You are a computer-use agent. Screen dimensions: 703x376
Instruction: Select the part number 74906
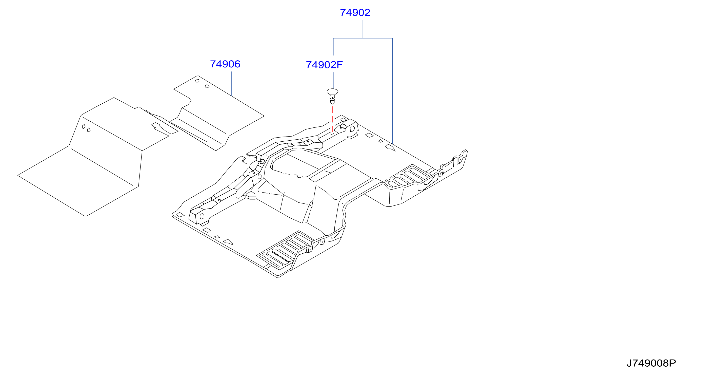pyautogui.click(x=225, y=64)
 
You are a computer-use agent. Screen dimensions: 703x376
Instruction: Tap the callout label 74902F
pyautogui.click(x=324, y=65)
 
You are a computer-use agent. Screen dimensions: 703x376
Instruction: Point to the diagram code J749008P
pyautogui.click(x=651, y=363)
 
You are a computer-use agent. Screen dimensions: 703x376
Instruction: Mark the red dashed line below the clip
pyautogui.click(x=332, y=120)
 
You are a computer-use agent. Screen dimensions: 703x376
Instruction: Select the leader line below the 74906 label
pyautogui.click(x=231, y=84)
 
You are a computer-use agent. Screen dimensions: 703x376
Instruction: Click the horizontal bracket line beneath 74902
pyautogui.click(x=363, y=38)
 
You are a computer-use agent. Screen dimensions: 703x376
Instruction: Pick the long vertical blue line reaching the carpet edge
pyautogui.click(x=392, y=91)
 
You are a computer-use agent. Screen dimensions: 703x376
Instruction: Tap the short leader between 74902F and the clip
pyautogui.click(x=333, y=80)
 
